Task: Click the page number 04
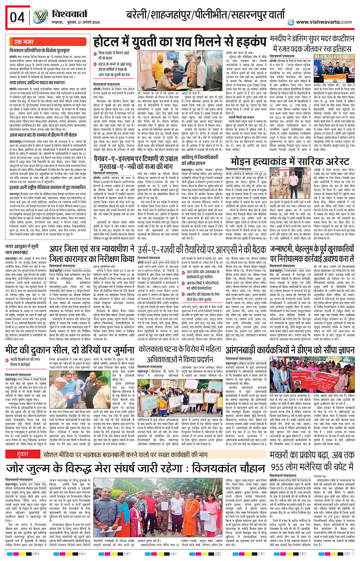tap(17, 17)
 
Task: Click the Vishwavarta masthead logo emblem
tap(40, 17)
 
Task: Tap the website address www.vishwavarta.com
tap(323, 22)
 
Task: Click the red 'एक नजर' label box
tap(24, 42)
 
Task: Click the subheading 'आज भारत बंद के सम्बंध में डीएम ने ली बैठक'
tap(43, 135)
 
